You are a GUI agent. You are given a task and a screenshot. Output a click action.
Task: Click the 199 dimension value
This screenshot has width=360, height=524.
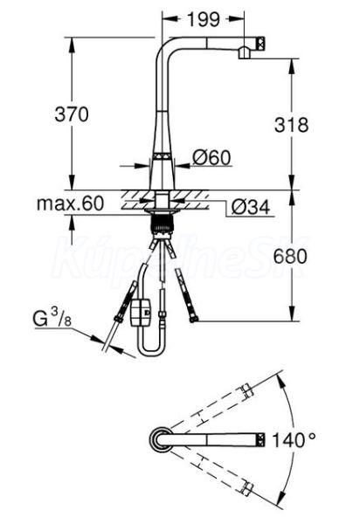point(204,19)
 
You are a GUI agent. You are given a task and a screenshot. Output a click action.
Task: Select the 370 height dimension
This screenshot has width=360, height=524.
point(72,114)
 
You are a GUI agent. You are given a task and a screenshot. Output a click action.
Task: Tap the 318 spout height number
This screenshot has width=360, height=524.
point(292,125)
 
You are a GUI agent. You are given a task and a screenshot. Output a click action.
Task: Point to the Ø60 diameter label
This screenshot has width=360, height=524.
point(212,157)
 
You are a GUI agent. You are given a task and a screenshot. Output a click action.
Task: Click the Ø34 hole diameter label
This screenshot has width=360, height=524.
point(251,208)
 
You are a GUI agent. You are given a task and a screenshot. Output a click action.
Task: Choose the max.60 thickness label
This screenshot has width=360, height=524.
point(70,203)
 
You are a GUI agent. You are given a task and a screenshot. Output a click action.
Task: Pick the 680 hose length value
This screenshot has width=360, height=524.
point(290,257)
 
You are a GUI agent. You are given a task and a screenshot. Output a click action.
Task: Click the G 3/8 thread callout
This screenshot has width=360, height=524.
point(52,318)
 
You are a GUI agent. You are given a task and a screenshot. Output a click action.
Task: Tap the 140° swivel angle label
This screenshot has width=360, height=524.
point(294,440)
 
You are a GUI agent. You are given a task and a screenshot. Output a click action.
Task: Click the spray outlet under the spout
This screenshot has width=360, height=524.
point(245,52)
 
